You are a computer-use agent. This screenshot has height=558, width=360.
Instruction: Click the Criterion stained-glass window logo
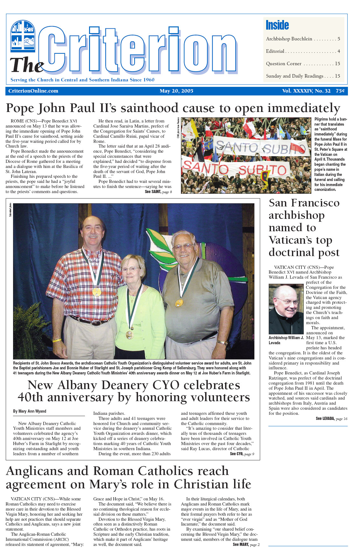point(23,36)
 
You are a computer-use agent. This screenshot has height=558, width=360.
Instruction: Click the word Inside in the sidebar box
point(277,25)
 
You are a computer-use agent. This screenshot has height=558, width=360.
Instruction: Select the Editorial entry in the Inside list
point(275,51)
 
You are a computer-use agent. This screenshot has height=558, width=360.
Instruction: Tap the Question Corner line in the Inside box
point(284,64)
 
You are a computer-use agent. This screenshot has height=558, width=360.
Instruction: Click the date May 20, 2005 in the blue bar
point(177,91)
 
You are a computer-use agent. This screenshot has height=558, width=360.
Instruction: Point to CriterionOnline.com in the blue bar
point(33,91)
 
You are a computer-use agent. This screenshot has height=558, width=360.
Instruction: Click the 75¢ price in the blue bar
point(340,91)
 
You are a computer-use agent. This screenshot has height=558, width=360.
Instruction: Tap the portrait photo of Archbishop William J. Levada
point(286,309)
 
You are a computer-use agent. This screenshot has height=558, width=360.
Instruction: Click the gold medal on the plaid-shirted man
point(96,292)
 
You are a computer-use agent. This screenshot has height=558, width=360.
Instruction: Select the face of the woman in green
point(132,270)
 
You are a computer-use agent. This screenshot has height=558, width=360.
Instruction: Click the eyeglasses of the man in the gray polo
point(183,247)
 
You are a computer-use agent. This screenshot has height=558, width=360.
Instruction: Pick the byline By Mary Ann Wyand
point(30,411)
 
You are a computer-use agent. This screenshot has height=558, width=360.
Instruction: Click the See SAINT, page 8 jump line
point(158,192)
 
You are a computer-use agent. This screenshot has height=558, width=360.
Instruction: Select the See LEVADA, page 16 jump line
point(331,419)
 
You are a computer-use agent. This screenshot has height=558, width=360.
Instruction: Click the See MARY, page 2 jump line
point(246,545)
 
